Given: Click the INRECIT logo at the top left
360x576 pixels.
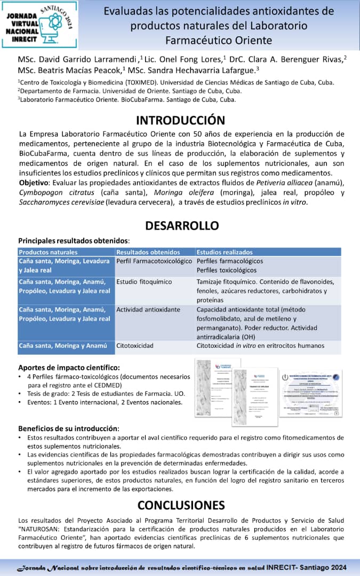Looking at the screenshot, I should tap(40, 25).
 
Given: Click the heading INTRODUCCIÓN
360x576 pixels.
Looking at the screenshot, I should tap(180, 120).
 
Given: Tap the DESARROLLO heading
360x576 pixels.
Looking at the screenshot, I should tap(180, 226).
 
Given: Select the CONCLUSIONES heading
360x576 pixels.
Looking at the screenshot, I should tap(181, 505).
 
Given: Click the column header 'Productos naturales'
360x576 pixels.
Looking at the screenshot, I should tap(48, 252).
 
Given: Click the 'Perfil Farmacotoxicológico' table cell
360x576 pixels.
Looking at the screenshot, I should tap(154, 261).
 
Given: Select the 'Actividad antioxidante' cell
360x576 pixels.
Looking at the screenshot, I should tap(148, 309).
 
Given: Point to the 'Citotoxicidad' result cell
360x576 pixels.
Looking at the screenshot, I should tap(135, 346).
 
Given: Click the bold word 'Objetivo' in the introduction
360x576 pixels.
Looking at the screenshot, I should tap(34, 183).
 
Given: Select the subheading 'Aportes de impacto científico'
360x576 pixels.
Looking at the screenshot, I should tap(69, 367).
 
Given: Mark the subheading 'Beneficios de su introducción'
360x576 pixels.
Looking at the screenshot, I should tap(68, 428).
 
